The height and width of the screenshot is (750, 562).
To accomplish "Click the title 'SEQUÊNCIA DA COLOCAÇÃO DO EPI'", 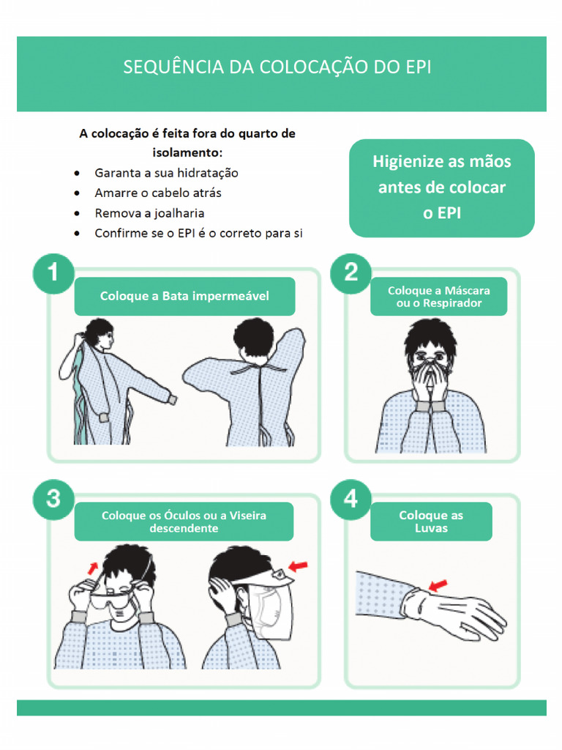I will [x=277, y=67].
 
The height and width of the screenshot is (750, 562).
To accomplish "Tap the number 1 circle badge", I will [x=53, y=274].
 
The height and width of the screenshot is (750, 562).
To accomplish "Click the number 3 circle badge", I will [x=53, y=500].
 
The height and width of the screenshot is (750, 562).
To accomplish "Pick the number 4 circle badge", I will [x=351, y=500].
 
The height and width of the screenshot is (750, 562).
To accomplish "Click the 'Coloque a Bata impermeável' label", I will [x=184, y=297].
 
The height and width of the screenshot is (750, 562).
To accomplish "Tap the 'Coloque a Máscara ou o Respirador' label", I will [x=438, y=297].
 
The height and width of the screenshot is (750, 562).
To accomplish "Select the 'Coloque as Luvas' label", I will [x=431, y=521].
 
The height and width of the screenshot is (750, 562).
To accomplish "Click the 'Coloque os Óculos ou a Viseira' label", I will [x=184, y=521].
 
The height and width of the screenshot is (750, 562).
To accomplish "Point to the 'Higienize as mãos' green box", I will [x=441, y=187].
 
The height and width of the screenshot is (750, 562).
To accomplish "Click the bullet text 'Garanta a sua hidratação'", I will [x=166, y=174].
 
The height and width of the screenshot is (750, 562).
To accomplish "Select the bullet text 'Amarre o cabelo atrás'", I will [x=158, y=193].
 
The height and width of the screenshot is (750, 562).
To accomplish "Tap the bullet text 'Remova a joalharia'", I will [x=149, y=213].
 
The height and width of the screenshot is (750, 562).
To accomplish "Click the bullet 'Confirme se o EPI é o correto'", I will [x=198, y=234].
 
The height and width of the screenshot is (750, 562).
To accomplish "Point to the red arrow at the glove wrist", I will [x=437, y=585].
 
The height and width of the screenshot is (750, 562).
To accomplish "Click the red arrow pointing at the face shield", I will [x=299, y=565].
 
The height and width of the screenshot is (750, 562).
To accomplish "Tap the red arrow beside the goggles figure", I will [x=91, y=567].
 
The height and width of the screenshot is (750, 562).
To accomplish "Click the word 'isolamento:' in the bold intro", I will [x=187, y=153].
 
